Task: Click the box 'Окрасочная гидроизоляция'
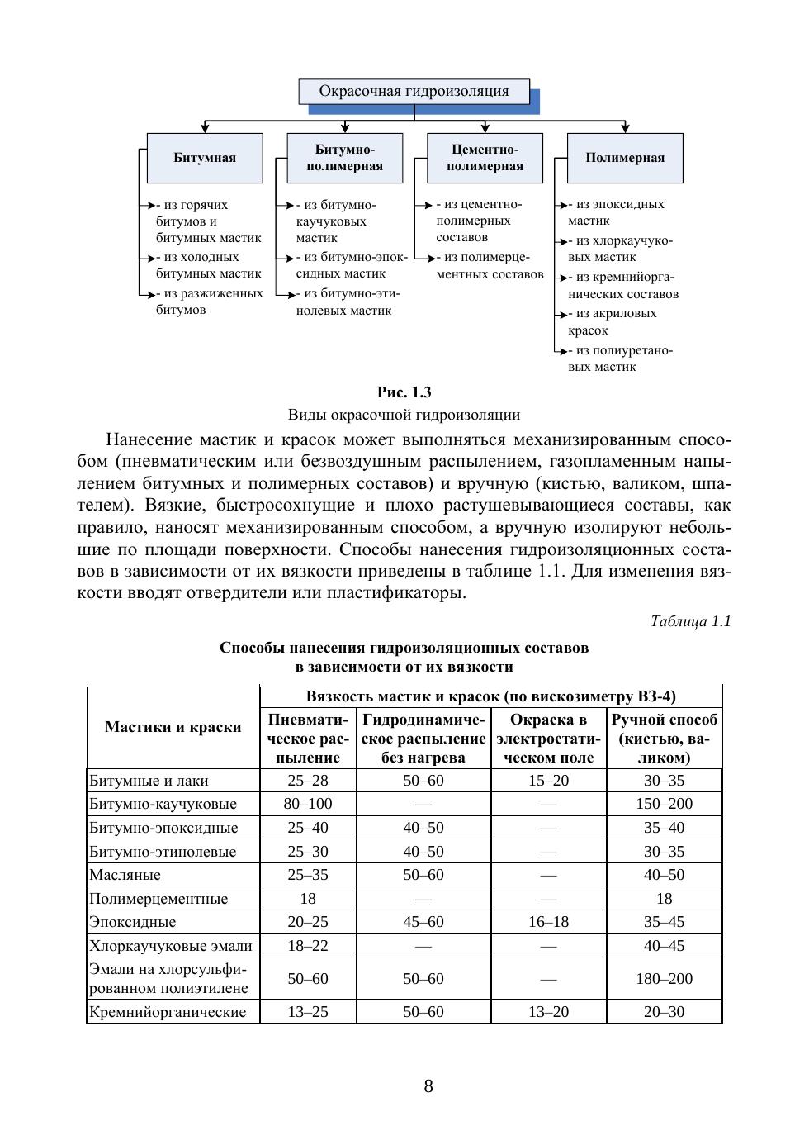click(414, 92)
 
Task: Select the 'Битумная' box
click(205, 158)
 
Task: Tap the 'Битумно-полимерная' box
click(345, 158)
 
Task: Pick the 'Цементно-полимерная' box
click(485, 158)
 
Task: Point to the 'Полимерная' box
click(625, 158)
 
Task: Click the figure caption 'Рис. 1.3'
click(404, 392)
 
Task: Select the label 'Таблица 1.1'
click(690, 621)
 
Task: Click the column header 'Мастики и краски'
click(173, 727)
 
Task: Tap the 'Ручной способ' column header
click(664, 738)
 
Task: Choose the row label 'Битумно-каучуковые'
click(163, 804)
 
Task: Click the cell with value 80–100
click(308, 804)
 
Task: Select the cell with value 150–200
click(664, 804)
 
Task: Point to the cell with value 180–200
click(664, 979)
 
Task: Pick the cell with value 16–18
click(548, 922)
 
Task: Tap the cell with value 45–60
click(423, 922)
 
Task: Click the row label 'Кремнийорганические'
click(168, 1012)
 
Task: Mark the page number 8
click(428, 1086)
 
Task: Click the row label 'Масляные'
click(125, 875)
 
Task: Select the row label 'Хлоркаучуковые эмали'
click(171, 946)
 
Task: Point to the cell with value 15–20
click(548, 781)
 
